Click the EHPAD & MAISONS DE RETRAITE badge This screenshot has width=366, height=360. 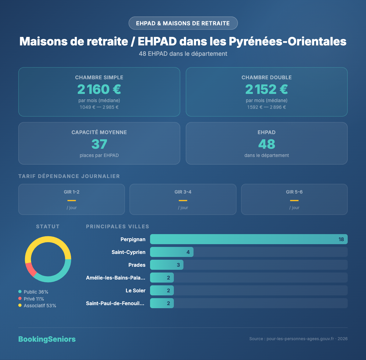[x=183, y=23]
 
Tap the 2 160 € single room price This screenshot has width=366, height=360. [x=99, y=89]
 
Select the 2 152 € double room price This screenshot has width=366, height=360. [x=267, y=89]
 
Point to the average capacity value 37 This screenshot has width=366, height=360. [x=99, y=144]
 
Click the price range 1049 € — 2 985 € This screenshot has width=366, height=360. [x=99, y=107]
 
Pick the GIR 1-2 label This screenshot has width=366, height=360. [x=72, y=192]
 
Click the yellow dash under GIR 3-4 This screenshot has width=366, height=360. [x=183, y=200]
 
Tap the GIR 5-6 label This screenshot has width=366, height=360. [x=294, y=192]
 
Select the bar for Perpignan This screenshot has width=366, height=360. [x=249, y=239]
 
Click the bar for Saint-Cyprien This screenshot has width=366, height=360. [x=171, y=252]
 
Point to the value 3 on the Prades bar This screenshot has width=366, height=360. [x=178, y=265]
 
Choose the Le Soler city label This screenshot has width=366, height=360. [x=135, y=290]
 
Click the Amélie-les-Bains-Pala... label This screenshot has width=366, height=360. [x=116, y=278]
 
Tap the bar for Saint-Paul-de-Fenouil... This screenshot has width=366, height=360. [x=162, y=303]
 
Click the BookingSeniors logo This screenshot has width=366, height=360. [x=47, y=339]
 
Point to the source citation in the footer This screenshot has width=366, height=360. [x=298, y=339]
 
